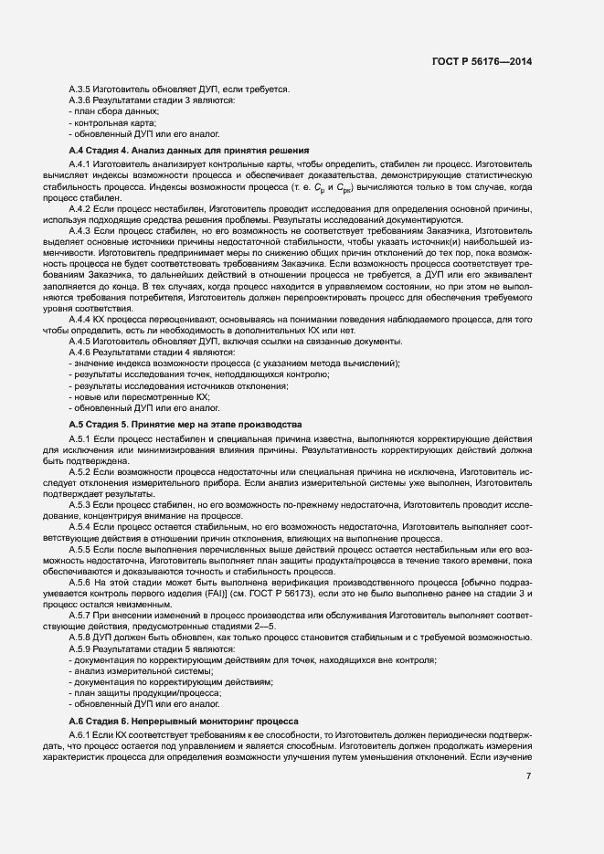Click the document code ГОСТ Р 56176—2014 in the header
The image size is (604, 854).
pos(482,61)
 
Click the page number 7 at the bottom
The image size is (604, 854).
pos(529,776)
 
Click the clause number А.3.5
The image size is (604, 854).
pos(83,89)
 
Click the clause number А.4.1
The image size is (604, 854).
pos(83,163)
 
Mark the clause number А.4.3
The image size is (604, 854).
pos(83,232)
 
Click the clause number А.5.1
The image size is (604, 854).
pos(83,440)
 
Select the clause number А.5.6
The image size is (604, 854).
pos(83,582)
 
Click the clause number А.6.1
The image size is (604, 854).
pos(83,735)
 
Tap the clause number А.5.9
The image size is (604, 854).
pos(83,648)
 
